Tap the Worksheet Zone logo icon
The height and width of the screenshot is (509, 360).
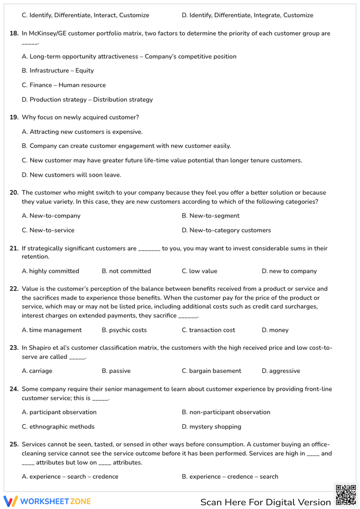(10, 501)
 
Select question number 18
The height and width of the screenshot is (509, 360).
(14, 33)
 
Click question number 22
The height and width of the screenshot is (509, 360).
(14, 289)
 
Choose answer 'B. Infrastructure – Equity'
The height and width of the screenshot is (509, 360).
(58, 71)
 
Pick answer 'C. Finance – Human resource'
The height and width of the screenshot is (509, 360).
(64, 85)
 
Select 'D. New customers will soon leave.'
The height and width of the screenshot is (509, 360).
(71, 175)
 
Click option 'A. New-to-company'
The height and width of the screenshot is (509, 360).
(51, 216)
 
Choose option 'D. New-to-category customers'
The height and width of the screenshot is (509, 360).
(226, 230)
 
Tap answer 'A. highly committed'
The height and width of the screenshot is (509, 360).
(50, 271)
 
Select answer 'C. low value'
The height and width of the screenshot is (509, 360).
(199, 271)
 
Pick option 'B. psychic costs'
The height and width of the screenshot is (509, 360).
(124, 330)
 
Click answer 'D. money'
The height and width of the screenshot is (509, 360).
(275, 330)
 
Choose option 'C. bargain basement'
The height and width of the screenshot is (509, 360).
(211, 371)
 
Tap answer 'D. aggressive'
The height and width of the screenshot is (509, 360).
(281, 371)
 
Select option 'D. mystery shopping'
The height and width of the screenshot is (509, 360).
(211, 427)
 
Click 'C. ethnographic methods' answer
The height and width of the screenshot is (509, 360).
(58, 427)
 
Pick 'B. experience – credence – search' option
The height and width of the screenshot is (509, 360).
(230, 477)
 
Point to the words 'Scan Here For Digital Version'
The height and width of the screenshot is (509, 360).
(265, 502)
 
